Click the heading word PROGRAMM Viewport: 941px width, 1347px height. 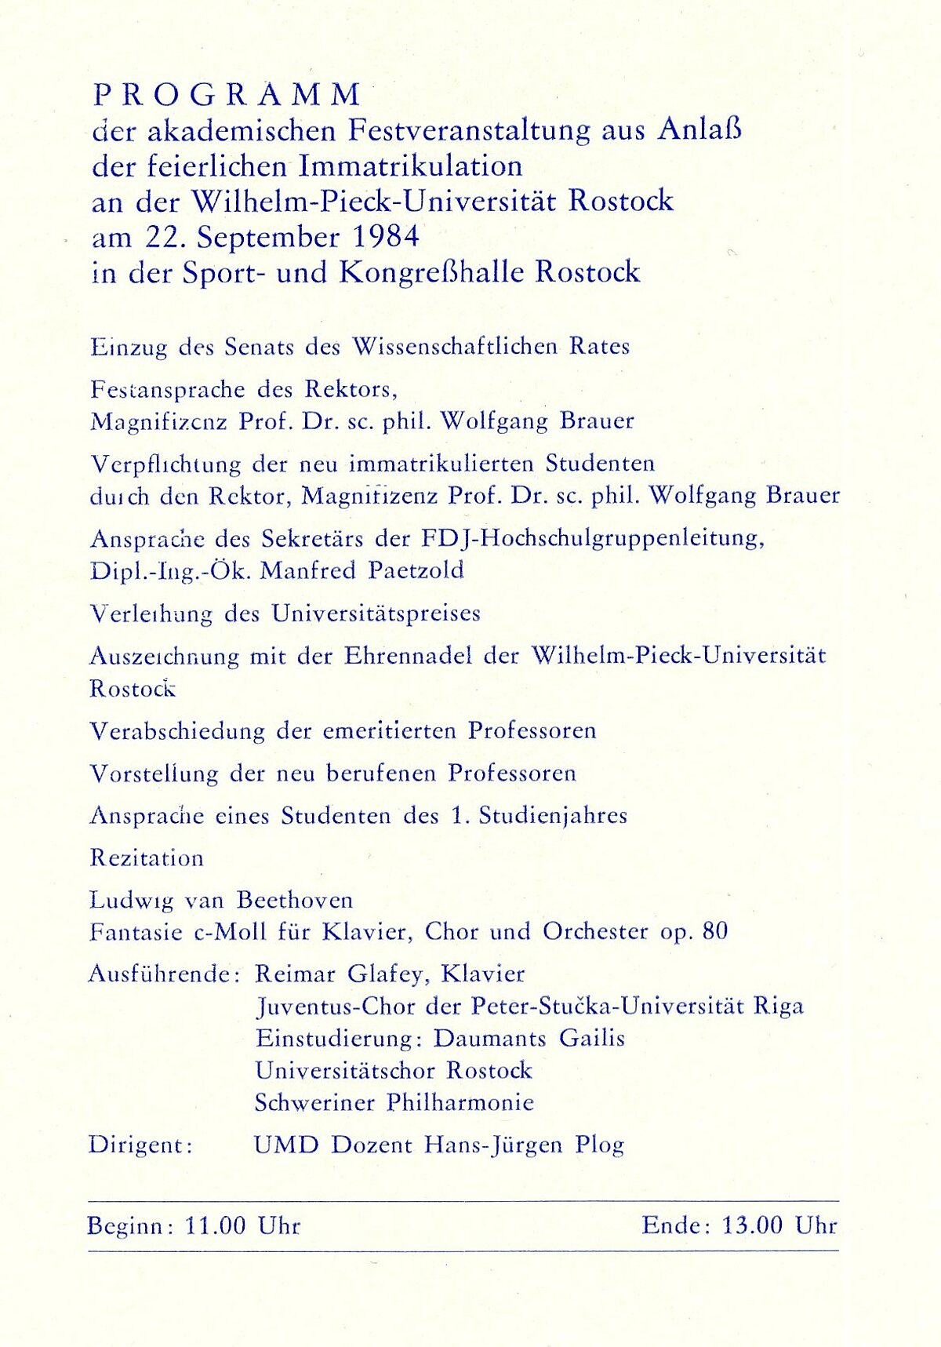227,95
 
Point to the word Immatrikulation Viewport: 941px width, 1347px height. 411,166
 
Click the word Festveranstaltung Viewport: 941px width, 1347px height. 469,130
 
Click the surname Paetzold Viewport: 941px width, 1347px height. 416,570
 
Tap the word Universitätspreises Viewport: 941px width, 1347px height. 376,613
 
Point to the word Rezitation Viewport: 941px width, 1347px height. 147,858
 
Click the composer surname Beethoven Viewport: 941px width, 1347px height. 295,900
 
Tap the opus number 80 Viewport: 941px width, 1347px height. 715,932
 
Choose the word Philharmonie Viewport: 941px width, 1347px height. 460,1103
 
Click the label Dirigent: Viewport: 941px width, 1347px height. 140,1145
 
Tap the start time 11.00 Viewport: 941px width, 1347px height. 215,1225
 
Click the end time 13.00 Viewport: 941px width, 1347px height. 752,1225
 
